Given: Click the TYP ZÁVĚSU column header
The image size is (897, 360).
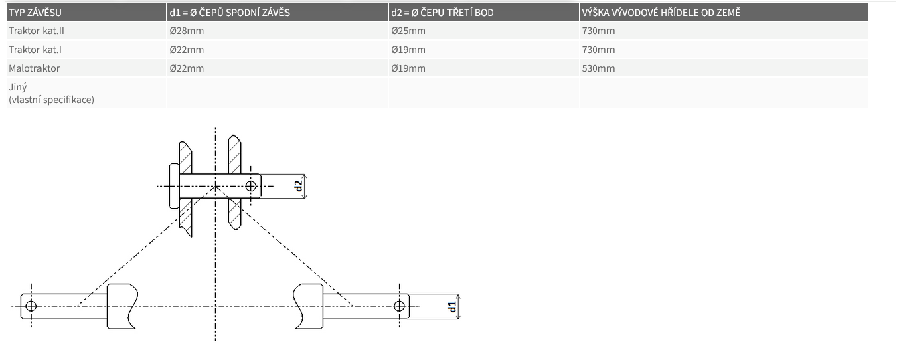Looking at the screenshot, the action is (35, 13).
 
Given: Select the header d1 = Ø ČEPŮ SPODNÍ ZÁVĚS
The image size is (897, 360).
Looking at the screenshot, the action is (230, 13).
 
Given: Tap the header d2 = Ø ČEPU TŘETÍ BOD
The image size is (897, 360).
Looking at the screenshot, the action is (442, 13).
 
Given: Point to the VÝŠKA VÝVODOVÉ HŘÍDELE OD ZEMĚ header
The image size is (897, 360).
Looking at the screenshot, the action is (661, 13).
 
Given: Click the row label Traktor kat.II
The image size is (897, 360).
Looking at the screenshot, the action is (36, 31).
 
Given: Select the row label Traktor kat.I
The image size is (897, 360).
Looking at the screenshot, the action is (35, 50).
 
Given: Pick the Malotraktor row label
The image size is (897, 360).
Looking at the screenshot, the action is (34, 68).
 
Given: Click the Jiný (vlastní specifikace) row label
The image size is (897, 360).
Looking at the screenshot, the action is (52, 93).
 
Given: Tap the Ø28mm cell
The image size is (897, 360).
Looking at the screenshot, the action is (187, 31).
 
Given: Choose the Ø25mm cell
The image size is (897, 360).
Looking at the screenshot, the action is (408, 31).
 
